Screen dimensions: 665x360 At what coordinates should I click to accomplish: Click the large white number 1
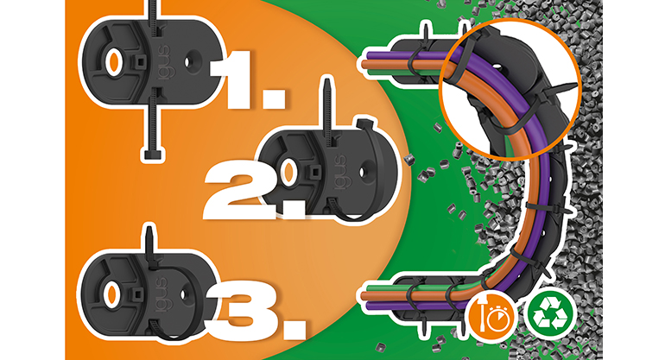pos(236,79)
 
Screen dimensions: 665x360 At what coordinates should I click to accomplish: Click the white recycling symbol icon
pos(550,313)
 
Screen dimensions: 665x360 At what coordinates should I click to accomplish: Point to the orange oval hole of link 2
pos(288,174)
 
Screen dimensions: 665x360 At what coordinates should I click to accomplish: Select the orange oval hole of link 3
pos(111,294)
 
